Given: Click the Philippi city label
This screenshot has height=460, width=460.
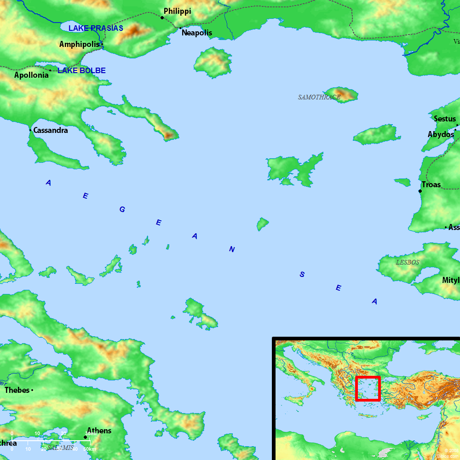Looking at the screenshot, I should [177, 11].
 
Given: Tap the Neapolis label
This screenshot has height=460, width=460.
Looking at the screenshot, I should [197, 33].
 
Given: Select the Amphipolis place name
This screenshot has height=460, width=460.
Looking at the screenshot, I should [79, 44].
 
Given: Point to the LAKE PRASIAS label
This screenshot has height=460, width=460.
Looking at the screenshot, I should [96, 28].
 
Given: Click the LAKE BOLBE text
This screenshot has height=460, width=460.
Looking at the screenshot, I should [81, 70].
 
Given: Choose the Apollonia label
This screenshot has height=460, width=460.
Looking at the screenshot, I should [31, 75].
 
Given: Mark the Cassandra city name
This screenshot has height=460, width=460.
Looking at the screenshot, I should [51, 130].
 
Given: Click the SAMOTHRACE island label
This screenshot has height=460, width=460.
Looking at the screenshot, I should [319, 97].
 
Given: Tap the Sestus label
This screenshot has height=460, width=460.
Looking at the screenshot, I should [445, 119].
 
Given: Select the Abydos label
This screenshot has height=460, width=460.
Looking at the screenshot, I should [441, 134].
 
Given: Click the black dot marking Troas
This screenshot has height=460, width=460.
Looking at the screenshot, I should [420, 191].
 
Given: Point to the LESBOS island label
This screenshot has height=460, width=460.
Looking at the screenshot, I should [408, 262].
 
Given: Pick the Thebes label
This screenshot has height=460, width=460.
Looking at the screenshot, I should [17, 390].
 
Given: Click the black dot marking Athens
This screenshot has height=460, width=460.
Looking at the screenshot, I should [85, 437].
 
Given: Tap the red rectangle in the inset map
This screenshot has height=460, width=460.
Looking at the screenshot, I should [368, 389].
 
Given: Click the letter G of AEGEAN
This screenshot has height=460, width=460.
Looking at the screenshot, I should [122, 209].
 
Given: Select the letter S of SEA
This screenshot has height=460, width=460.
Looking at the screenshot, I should [302, 275].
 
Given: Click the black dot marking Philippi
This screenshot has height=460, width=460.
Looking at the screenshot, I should [162, 17].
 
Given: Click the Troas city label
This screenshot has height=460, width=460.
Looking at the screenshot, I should [431, 184].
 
